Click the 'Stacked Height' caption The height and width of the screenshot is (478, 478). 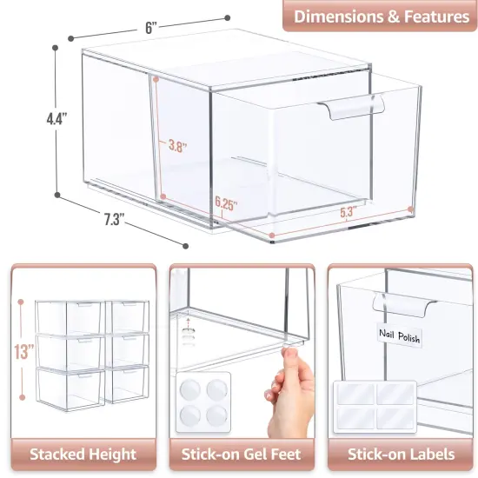click(83, 454)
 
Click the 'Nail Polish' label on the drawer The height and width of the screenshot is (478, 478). click(399, 333)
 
